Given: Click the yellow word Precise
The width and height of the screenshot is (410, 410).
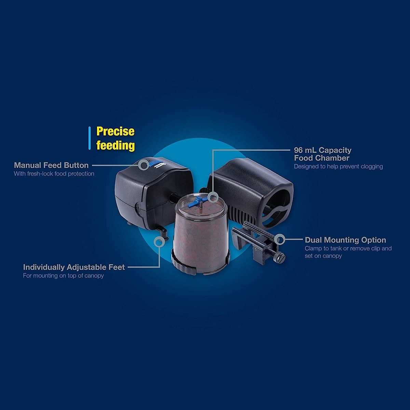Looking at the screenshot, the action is coord(115,131).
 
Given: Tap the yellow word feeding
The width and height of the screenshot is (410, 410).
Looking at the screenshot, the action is coord(115,145).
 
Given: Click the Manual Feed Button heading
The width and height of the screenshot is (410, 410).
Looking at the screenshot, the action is coord(51,165).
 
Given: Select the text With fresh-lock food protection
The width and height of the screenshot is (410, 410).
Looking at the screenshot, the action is coord(54,174).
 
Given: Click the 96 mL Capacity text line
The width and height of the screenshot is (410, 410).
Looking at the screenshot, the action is coord(323,150).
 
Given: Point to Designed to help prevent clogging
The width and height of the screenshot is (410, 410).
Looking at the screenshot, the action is coord(338,166).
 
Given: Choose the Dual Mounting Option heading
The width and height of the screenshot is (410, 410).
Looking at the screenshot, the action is coord(345,240).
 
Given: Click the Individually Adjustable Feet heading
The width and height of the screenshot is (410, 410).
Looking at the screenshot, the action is coord(74,267).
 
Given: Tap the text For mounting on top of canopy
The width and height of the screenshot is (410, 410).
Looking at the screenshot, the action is coord(64,276).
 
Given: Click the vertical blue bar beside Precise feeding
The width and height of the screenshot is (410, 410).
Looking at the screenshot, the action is coord(90,138).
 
